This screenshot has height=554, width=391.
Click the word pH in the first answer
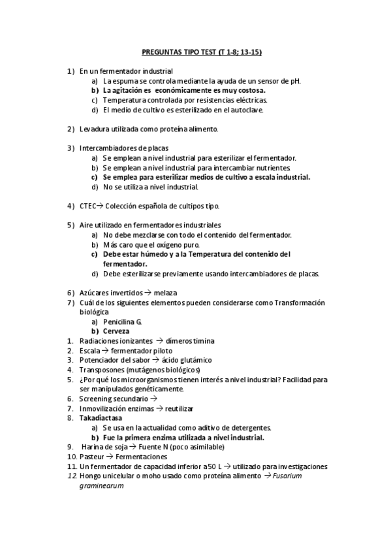294,80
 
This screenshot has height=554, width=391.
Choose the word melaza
165,292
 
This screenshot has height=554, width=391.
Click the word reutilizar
178,408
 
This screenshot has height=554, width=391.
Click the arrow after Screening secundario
154,399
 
